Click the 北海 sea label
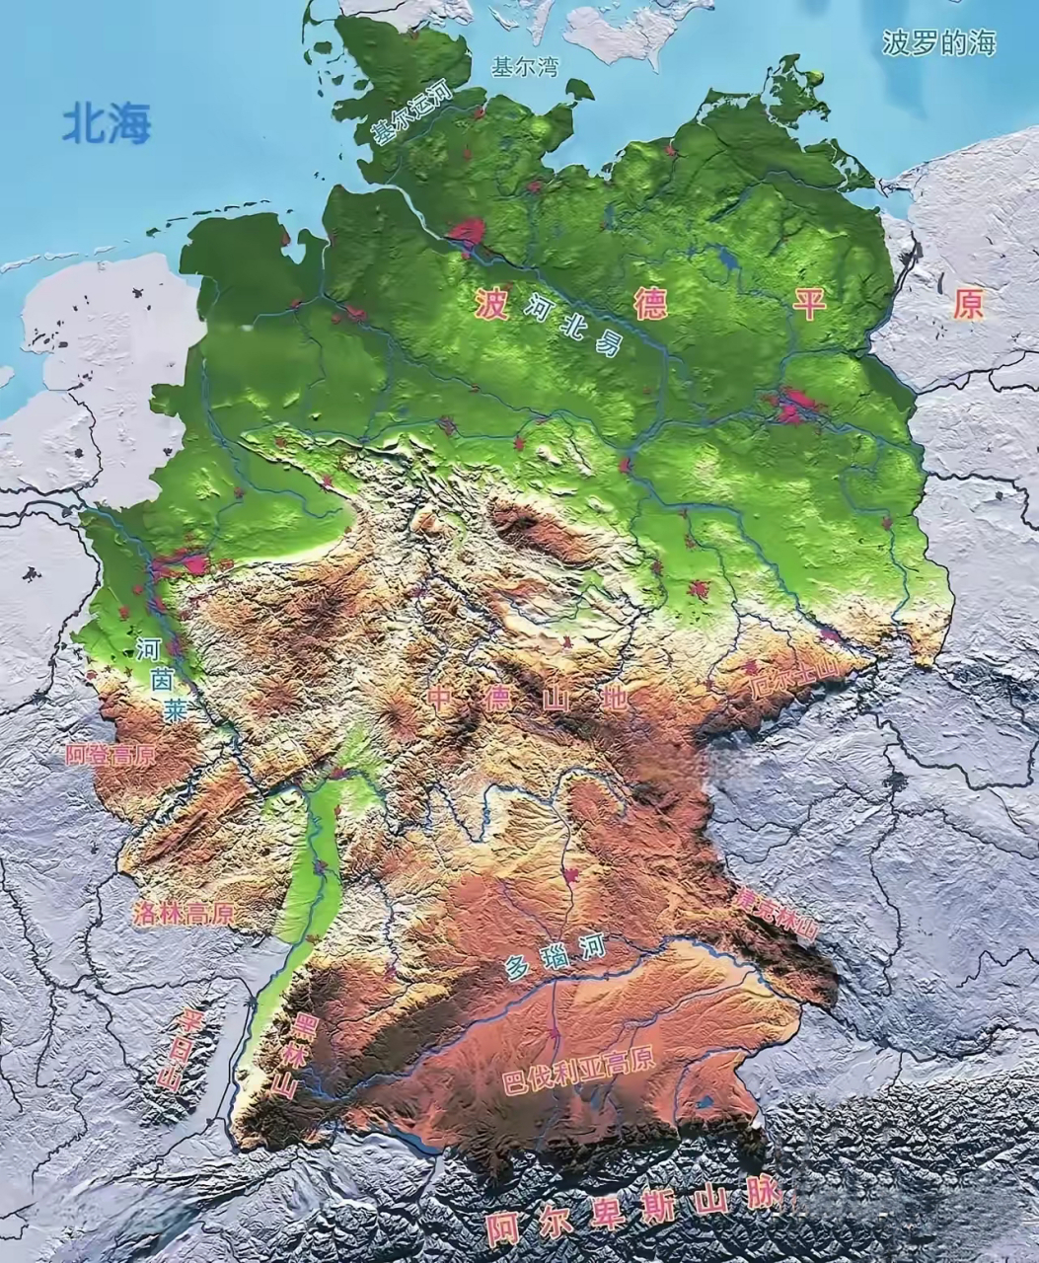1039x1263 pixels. (107, 124)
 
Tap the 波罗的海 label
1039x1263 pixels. (938, 43)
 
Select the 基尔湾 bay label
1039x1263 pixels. (525, 67)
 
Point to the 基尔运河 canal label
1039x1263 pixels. (409, 114)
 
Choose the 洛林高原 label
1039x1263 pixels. (184, 912)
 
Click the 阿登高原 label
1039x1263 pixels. (111, 756)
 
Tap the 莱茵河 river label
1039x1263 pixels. (158, 678)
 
